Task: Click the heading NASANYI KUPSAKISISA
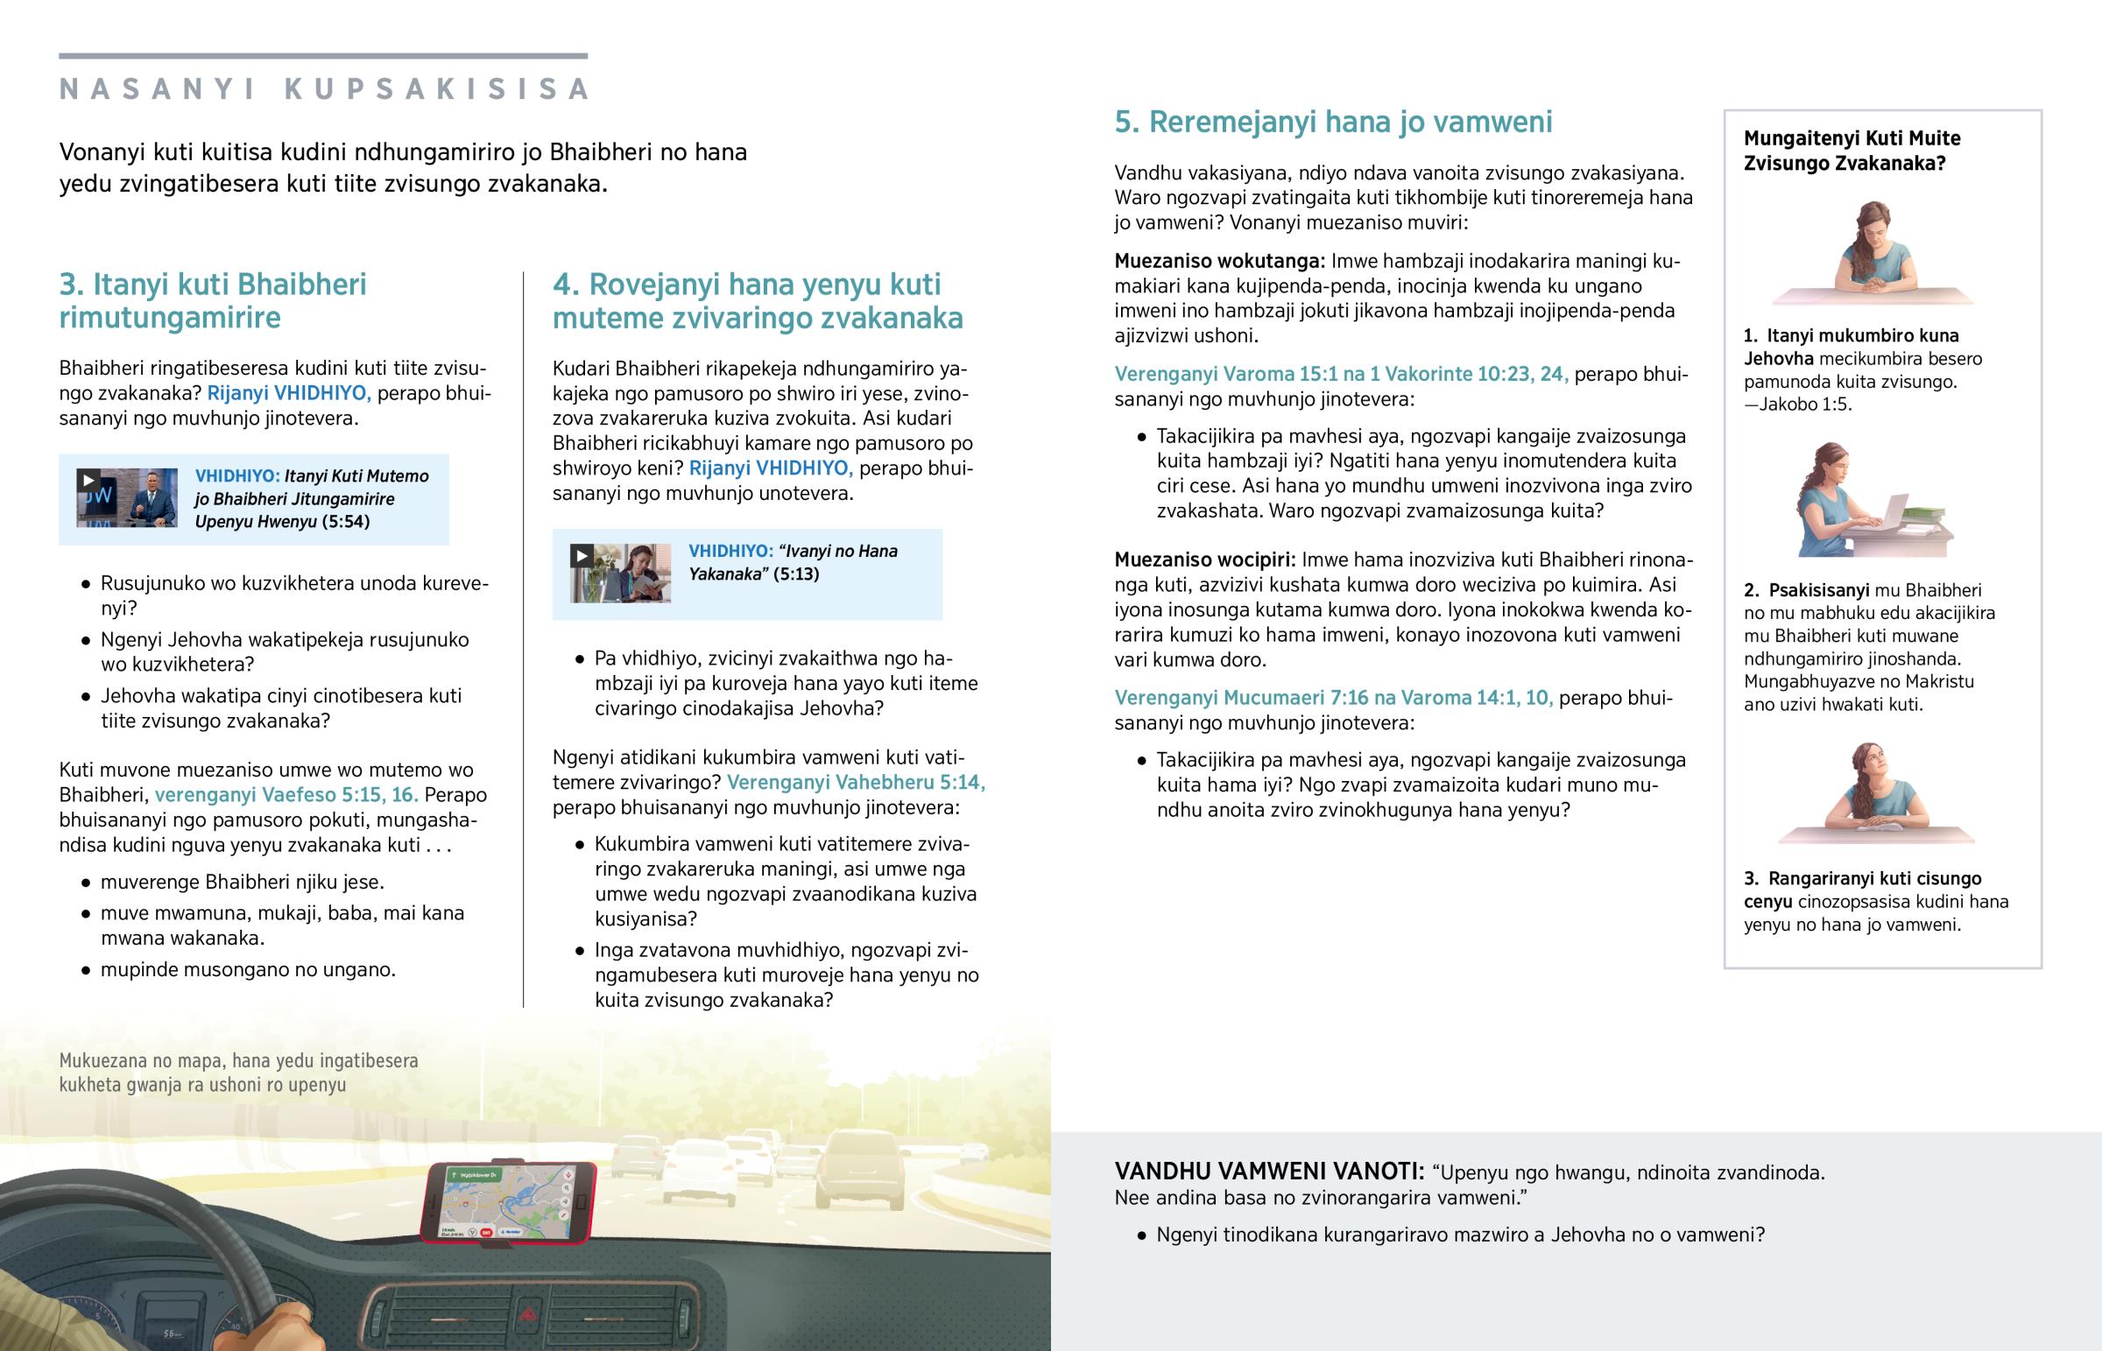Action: [x=324, y=89]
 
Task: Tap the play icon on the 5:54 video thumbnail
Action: [x=88, y=480]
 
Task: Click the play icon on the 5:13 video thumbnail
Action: [x=581, y=555]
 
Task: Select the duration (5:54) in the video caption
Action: [x=346, y=522]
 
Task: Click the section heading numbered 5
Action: [x=1333, y=122]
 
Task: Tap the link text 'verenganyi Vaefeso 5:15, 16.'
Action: [x=286, y=795]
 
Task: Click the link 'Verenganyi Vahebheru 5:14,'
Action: [x=856, y=783]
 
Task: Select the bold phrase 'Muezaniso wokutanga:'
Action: [x=1219, y=262]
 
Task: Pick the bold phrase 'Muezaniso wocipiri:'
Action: [x=1204, y=560]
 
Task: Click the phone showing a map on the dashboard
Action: [x=508, y=1202]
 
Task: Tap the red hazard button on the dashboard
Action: [x=528, y=1314]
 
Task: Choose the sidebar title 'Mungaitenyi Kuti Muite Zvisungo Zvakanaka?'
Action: [x=1852, y=151]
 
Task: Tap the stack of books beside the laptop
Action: [x=1930, y=517]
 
